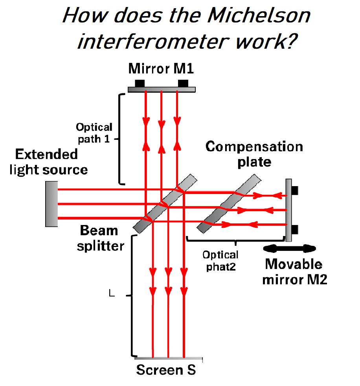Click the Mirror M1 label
pyautogui.click(x=161, y=70)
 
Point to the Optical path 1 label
pyautogui.click(x=94, y=133)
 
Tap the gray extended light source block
pyautogui.click(x=51, y=203)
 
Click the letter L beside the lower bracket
pyautogui.click(x=112, y=293)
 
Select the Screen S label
pyautogui.click(x=166, y=370)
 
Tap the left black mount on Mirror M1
pyautogui.click(x=140, y=83)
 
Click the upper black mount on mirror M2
pyautogui.click(x=295, y=190)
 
